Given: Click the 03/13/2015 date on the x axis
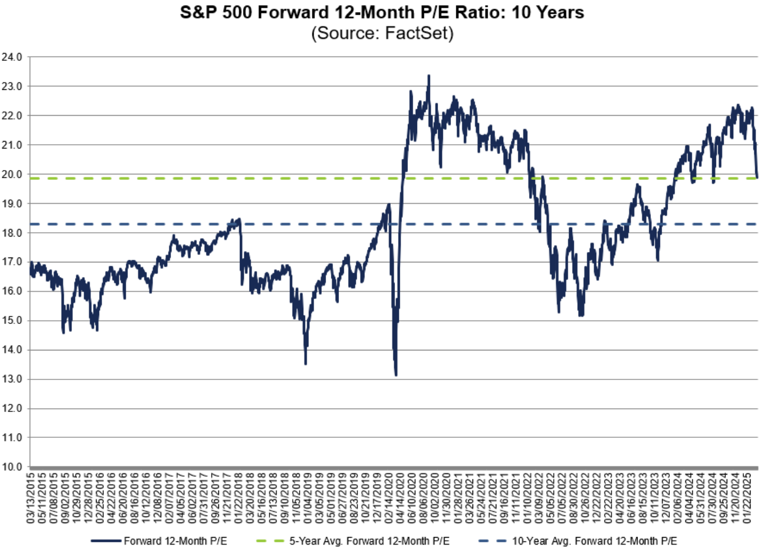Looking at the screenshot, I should point(31,492).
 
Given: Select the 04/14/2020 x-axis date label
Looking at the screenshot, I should point(400,492).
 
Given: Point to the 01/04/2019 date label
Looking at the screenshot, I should point(305,492).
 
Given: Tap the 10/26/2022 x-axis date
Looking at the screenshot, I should point(583,492).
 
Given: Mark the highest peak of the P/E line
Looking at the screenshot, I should point(429,76).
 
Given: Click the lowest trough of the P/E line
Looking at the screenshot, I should point(396,375).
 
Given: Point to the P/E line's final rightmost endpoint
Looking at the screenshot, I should point(757,177).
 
